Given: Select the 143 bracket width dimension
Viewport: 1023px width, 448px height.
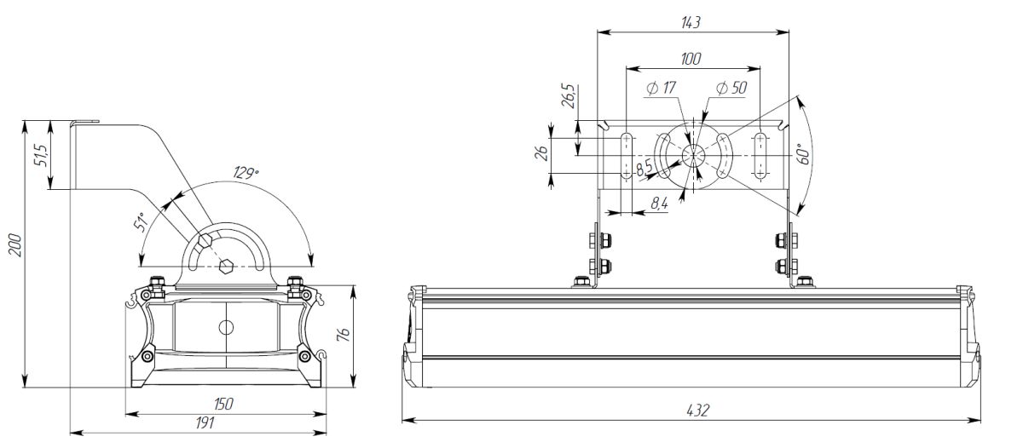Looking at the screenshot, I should pyautogui.click(x=691, y=23).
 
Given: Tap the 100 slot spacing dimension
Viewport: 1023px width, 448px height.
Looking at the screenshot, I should pyautogui.click(x=691, y=59).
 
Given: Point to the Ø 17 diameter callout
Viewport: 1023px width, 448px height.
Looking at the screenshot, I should pyautogui.click(x=662, y=88).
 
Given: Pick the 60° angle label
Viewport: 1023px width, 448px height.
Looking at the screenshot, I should pyautogui.click(x=802, y=154).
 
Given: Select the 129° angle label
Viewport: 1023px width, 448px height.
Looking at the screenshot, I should pyautogui.click(x=246, y=173).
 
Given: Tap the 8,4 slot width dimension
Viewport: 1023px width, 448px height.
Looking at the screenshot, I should pyautogui.click(x=659, y=202).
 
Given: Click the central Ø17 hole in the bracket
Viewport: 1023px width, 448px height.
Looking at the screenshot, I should pyautogui.click(x=692, y=156).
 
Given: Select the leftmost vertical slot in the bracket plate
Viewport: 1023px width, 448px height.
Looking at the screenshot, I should pyautogui.click(x=627, y=155).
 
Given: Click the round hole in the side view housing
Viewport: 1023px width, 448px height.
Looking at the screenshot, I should pyautogui.click(x=226, y=326).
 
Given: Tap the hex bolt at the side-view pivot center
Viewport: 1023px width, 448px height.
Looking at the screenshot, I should pyautogui.click(x=226, y=267).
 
